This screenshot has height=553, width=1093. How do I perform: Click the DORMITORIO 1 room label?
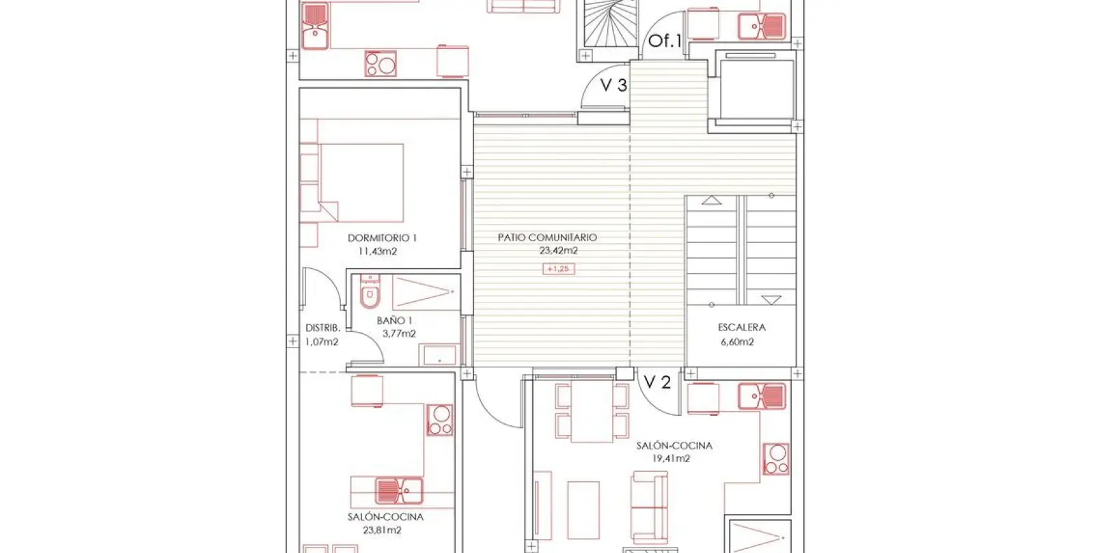tap(382, 238)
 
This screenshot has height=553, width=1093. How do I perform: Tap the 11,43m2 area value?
tap(378, 252)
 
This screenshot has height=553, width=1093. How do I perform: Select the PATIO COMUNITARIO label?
tap(547, 238)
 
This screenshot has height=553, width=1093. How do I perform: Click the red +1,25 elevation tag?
tap(559, 269)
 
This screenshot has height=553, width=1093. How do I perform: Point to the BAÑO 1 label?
tap(394, 320)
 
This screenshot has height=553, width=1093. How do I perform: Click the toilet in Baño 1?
tap(370, 292)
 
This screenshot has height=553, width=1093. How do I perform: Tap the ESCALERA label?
tap(742, 327)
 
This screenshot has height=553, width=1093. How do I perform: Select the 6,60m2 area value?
tap(737, 342)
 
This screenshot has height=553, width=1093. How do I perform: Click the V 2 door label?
tap(657, 382)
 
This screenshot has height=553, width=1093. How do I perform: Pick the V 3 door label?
tap(613, 85)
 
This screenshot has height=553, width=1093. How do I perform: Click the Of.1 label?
tap(665, 40)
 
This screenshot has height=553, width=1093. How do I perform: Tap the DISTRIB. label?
tap(322, 328)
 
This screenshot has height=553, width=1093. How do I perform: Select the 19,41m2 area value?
tap(671, 458)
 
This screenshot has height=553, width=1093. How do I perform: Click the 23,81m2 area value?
tap(382, 530)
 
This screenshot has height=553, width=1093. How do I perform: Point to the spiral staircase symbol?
tap(611, 23)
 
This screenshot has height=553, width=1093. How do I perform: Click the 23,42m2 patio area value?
tap(559, 251)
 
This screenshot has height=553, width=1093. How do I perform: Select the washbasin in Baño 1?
tap(439, 354)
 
